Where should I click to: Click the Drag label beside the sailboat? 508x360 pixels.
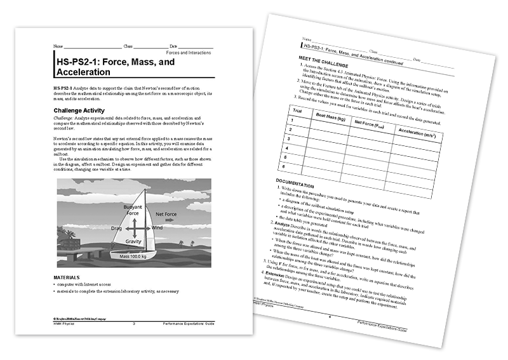click(117, 227)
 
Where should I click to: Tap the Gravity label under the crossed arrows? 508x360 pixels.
click(133, 242)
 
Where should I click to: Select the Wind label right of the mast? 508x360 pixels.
click(157, 227)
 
